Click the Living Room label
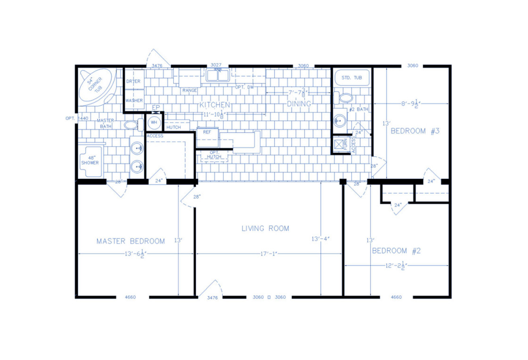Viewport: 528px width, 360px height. (265, 228)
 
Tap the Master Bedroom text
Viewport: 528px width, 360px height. (131, 241)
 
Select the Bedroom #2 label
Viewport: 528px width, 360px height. (396, 251)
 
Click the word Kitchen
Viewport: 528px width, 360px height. (215, 105)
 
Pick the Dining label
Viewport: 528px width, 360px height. (299, 104)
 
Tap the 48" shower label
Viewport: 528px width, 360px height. (90, 160)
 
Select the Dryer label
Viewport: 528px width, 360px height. (133, 81)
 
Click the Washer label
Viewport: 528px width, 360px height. (134, 100)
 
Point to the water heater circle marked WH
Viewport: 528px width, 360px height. (154, 121)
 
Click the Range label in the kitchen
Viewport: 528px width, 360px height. (189, 90)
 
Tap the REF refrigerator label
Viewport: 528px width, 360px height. (207, 132)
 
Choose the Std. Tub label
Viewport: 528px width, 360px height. (352, 78)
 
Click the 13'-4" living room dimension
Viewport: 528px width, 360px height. (321, 239)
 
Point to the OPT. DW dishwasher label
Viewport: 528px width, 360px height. (245, 87)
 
